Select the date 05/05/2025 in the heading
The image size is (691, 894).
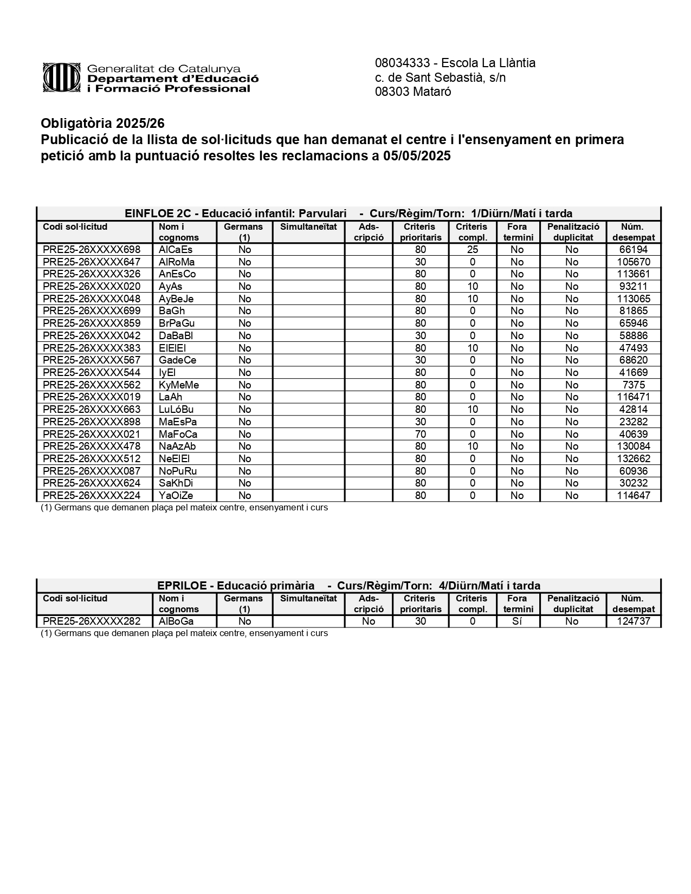417,156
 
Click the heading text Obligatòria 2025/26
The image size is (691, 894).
102,124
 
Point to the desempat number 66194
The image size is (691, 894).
633,250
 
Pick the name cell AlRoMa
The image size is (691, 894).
177,262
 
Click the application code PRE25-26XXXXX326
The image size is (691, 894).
92,274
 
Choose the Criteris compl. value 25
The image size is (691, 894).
473,250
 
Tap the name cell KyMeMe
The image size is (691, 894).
179,385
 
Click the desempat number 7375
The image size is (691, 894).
633,385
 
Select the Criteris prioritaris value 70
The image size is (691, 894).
421,434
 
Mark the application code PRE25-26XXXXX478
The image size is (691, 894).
92,446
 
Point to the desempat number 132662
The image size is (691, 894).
633,459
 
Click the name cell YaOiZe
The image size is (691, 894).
176,496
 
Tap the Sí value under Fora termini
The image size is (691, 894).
517,621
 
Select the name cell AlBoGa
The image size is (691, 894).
176,621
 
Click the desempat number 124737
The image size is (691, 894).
633,621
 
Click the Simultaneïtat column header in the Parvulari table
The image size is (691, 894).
308,227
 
